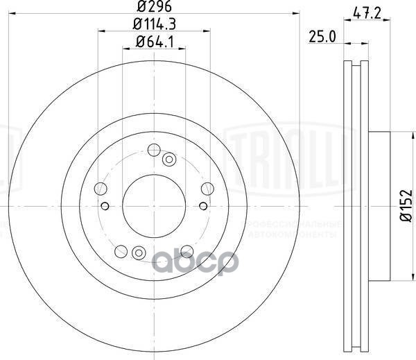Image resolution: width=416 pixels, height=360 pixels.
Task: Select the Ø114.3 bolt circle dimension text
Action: [x=153, y=25]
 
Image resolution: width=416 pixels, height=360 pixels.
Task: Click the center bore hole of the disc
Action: [x=153, y=205]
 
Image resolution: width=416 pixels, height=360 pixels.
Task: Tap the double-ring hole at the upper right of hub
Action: [x=168, y=160]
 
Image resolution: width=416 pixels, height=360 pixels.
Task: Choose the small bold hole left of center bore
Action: [x=105, y=205]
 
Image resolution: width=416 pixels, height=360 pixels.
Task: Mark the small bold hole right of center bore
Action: [x=202, y=205]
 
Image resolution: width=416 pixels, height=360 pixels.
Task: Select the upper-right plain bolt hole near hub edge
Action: [x=207, y=188]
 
